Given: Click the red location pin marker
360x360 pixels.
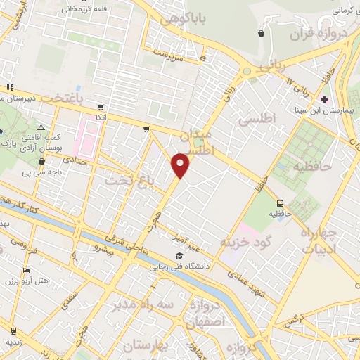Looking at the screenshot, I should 181,165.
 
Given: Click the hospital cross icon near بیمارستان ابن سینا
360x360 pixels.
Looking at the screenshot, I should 323,98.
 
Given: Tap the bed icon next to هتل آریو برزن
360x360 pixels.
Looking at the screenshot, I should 27,270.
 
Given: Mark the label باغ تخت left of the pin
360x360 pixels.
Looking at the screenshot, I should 129,181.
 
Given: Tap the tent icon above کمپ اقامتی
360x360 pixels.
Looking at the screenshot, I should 41,127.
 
